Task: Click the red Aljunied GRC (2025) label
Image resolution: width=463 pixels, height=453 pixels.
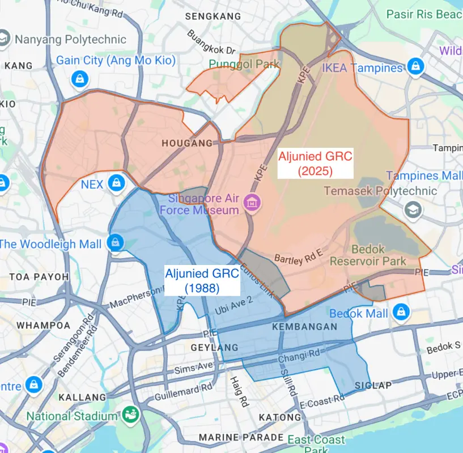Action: point(315,163)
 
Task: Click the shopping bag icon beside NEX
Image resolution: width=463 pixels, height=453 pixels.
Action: point(116,182)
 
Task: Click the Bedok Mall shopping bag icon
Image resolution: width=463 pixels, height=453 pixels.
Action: point(401,311)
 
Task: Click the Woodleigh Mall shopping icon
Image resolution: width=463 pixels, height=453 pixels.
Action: point(116,243)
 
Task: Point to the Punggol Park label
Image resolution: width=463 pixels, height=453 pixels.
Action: point(244,64)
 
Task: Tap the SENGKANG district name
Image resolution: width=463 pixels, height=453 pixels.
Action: point(213,16)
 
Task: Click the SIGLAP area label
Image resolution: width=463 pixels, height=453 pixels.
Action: point(373,386)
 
